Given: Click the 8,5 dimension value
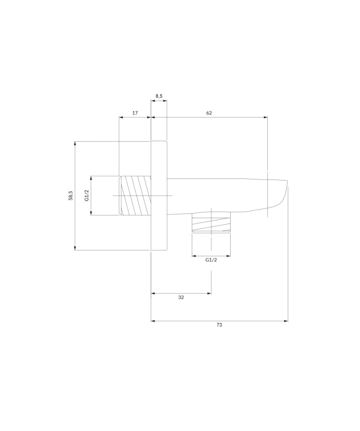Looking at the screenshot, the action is [159, 96].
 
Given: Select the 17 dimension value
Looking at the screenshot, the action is [135, 113].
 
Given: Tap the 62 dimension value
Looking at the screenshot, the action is [209, 113].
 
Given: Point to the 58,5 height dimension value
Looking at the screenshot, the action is [71, 196].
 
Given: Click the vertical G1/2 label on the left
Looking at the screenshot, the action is [87, 196].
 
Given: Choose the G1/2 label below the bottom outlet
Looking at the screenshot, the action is [211, 260].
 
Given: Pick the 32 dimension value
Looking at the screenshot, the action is [181, 297].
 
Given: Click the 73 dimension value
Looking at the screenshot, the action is [219, 325].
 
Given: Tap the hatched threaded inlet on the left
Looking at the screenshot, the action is [135, 196].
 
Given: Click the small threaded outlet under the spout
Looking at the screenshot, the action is [211, 223].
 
